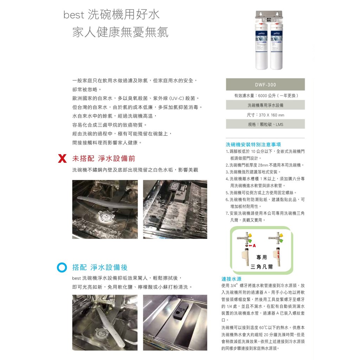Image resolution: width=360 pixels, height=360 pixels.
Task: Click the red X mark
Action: point(62,159)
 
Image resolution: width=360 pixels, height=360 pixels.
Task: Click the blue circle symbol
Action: point(62,268)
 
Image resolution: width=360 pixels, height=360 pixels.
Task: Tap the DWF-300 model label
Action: point(265,85)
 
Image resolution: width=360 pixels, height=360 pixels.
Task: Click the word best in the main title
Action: point(74,15)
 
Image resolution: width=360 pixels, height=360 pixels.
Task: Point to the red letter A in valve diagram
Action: point(254,246)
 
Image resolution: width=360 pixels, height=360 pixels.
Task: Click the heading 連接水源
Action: point(231,279)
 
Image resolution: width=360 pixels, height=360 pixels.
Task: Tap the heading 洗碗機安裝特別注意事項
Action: point(253,144)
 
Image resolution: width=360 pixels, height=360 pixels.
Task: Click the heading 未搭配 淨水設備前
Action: point(104,159)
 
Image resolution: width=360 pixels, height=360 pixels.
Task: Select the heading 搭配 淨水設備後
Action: point(100,267)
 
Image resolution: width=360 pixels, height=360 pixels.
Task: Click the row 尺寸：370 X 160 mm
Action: point(265,115)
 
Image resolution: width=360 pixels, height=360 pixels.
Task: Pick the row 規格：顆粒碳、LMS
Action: point(265,124)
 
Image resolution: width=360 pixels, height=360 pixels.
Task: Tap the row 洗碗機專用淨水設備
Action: point(265,105)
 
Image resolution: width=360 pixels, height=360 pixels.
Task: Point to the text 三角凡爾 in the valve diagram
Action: point(262,266)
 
